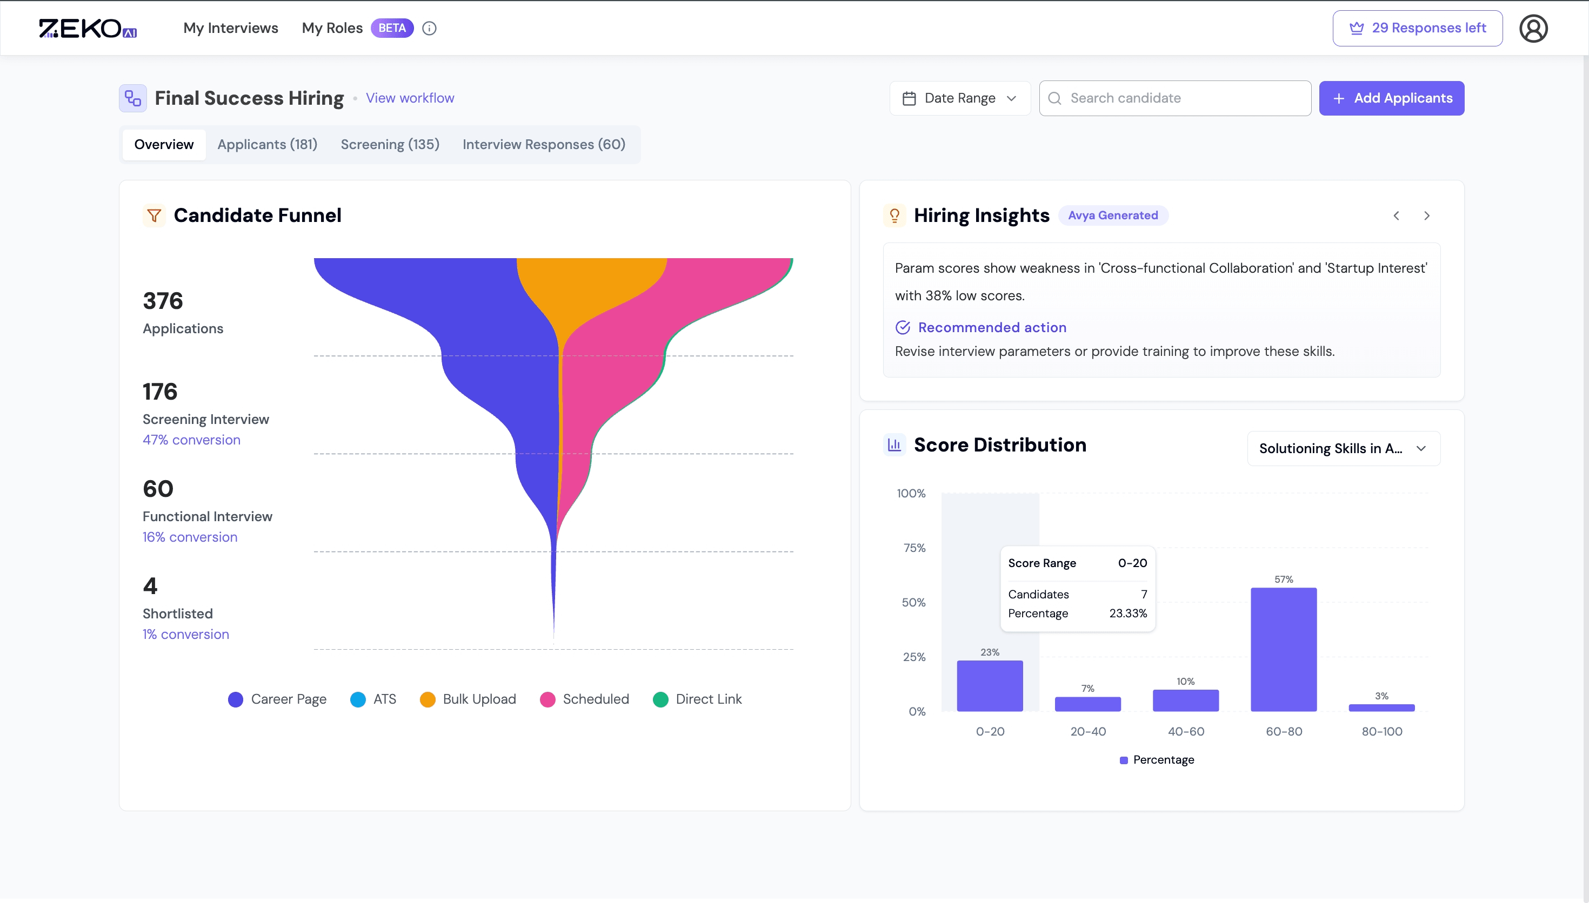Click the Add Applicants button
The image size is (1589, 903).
1391,98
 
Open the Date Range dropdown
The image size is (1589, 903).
959,98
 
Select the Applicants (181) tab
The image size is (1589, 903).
267,145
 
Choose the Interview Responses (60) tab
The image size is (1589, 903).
544,145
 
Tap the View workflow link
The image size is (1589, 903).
410,98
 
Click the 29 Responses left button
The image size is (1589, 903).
1417,28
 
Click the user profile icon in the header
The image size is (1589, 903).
1533,29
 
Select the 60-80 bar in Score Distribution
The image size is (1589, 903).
1283,649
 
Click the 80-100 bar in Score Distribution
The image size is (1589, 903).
1381,707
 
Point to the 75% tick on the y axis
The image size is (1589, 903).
914,548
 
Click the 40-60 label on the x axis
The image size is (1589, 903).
1186,731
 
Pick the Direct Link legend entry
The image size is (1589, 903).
697,699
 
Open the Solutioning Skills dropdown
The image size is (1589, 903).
1343,448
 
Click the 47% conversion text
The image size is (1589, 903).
191,440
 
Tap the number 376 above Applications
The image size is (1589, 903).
163,301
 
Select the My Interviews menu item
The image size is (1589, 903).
230,28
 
